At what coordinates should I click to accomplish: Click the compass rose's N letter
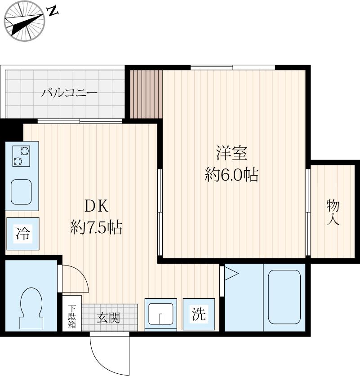[53, 12]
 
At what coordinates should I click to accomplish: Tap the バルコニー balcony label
[70, 93]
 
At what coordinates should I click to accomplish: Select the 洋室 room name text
[231, 153]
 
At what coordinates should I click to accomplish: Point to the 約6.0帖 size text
[231, 175]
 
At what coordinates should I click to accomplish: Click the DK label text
[96, 206]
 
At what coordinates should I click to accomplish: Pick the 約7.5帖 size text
[96, 228]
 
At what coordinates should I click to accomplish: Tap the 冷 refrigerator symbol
[23, 233]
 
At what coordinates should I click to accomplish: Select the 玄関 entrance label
[108, 318]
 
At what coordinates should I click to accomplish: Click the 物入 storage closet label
[333, 212]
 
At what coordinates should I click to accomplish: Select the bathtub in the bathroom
[284, 297]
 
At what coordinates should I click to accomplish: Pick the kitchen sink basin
[21, 192]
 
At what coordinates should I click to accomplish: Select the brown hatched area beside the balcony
[146, 93]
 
